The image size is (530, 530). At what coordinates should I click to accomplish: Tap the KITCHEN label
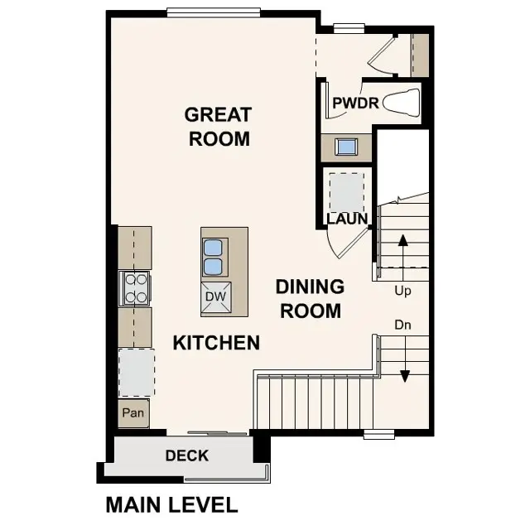[216, 342]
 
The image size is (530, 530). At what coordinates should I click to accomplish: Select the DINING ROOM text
[310, 299]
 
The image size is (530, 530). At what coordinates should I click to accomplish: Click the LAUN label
[347, 219]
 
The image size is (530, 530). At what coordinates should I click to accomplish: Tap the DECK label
[186, 455]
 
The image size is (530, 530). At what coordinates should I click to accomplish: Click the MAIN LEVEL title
[171, 504]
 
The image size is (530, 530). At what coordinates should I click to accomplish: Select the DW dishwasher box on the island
[215, 296]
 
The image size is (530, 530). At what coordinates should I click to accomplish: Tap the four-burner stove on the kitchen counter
[135, 289]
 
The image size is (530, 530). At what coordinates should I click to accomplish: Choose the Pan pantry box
[133, 412]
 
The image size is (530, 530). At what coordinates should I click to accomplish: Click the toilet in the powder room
[402, 103]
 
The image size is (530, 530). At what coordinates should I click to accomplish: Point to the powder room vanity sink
[346, 147]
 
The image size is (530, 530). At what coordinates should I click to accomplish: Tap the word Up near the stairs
[402, 291]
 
